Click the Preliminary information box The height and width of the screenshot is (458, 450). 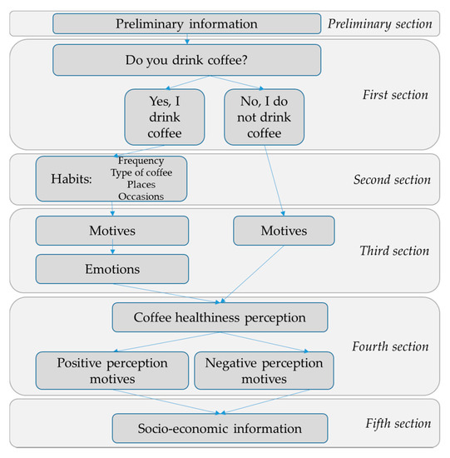tap(187, 23)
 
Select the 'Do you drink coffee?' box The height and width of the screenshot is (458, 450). tap(187, 60)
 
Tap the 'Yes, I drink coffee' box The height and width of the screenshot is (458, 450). tap(165, 117)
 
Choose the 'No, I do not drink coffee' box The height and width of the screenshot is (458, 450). tap(265, 117)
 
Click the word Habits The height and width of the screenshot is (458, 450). tap(72, 179)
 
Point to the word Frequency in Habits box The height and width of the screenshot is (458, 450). tap(141, 161)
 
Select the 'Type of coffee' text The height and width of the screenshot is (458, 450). tap(141, 172)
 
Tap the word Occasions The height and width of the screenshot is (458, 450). tap(141, 197)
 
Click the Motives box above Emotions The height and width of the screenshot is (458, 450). tap(112, 231)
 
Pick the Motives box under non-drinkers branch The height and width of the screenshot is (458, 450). tap(284, 231)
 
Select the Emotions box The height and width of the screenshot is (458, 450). tap(112, 269)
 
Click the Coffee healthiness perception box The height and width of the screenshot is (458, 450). tap(220, 317)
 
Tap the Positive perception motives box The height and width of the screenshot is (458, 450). tap(112, 371)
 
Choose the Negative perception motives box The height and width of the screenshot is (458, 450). tap(265, 371)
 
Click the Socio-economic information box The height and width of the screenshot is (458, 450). tap(220, 429)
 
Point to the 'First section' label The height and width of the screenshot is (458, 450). tap(395, 95)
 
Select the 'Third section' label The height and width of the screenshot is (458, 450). tap(394, 251)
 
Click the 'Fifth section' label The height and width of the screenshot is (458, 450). tap(398, 424)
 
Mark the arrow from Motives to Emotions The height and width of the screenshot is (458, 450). tap(112, 246)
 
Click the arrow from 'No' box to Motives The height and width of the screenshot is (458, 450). tap(274, 181)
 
